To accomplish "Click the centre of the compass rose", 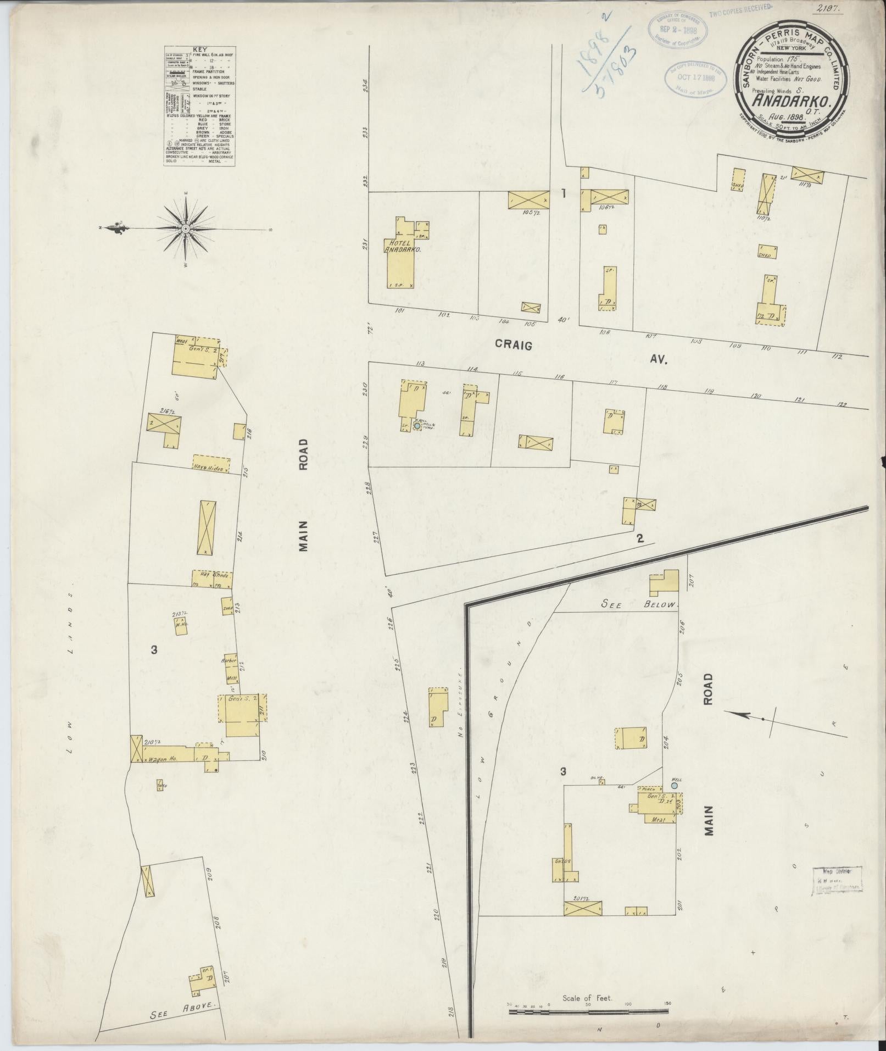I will click(186, 229).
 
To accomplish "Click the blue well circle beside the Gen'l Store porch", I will click(674, 786).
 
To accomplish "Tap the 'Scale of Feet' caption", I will click(587, 983).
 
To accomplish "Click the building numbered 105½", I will click(528, 199).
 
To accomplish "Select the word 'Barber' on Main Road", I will click(227, 660).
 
